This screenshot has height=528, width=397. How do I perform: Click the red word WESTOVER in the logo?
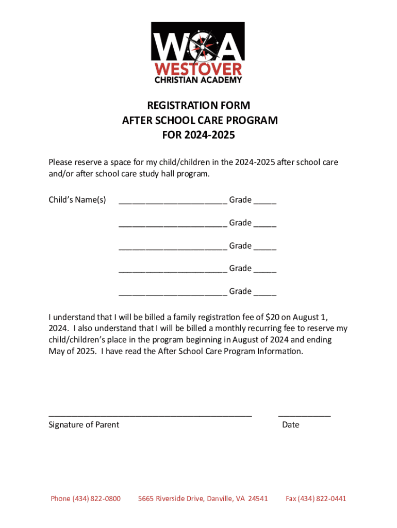(198, 69)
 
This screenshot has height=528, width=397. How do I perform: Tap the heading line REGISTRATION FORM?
(198, 106)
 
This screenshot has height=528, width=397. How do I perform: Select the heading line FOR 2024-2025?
(198, 136)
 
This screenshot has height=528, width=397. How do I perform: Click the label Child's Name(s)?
(77, 200)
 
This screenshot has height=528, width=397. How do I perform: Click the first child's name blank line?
(173, 202)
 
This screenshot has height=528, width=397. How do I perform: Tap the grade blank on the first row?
(265, 202)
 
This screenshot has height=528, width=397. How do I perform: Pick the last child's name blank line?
(173, 294)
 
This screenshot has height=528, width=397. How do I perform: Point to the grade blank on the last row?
(265, 294)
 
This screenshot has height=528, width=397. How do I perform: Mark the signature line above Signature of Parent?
(150, 415)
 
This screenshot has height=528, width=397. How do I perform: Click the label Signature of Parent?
(84, 425)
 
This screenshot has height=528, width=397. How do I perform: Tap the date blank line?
(304, 415)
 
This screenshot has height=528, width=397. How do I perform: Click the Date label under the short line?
(291, 425)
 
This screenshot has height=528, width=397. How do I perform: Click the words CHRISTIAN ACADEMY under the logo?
(198, 80)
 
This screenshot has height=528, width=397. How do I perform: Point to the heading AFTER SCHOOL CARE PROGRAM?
(200, 121)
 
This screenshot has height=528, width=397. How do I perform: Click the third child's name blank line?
(173, 248)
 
